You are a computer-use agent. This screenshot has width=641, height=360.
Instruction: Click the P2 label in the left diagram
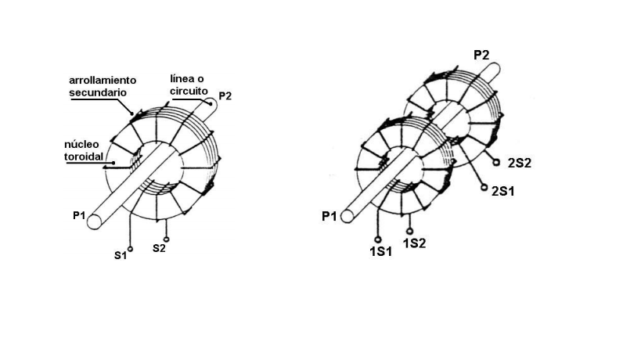225,95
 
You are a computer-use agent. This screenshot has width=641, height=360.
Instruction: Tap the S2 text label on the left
159,248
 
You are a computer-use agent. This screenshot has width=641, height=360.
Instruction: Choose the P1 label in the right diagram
330,216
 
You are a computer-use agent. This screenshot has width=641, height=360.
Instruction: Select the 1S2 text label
414,243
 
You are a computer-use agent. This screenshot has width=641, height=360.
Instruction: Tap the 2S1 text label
502,190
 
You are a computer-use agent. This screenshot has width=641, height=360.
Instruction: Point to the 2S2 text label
520,163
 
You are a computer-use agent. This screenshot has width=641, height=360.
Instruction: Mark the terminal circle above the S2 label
166,238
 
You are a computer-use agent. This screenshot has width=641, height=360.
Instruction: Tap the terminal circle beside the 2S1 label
484,188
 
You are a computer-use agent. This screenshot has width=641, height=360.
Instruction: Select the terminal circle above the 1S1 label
377,240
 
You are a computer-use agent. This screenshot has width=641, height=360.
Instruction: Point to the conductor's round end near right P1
347,216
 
